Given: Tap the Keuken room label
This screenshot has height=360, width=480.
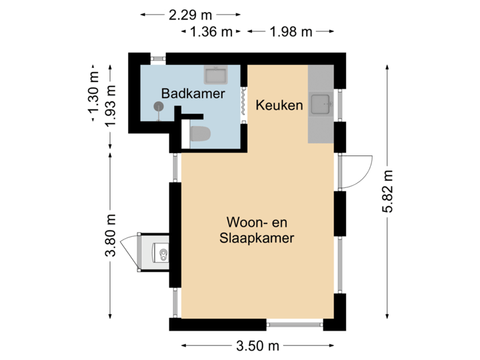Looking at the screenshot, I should click(279, 105).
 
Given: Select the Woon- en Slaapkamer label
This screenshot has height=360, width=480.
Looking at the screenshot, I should click(257, 230).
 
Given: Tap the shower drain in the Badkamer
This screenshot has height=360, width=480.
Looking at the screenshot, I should click(159, 106).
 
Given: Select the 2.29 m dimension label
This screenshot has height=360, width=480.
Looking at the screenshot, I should click(191, 13).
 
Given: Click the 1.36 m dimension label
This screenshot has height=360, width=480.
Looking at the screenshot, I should click(212, 31).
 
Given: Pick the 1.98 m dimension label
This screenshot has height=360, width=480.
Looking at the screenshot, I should click(290, 31).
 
